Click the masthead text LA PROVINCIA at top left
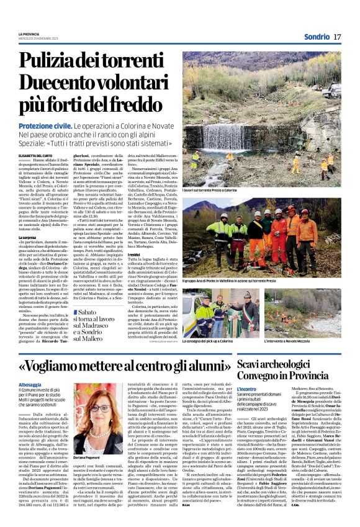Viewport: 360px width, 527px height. tap(30, 33)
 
